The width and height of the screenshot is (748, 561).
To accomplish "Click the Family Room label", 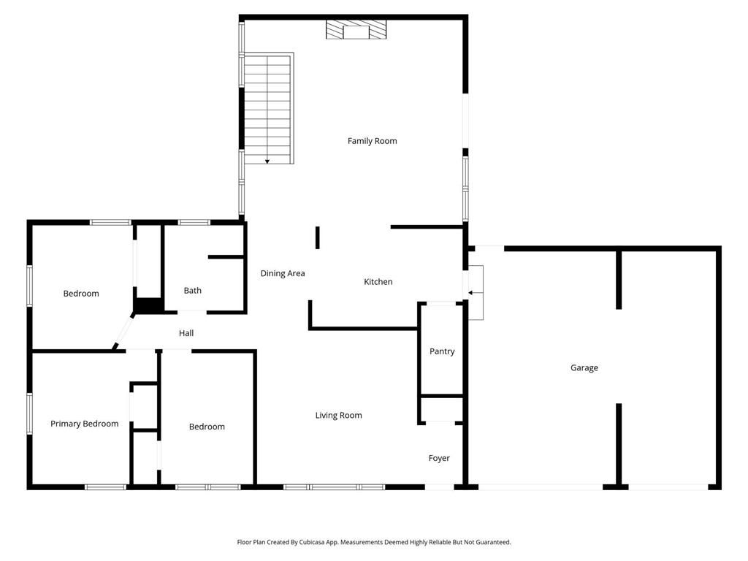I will [372, 141].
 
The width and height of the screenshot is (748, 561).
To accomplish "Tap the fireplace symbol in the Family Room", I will [356, 30].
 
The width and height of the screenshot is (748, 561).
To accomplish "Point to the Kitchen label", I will [378, 282].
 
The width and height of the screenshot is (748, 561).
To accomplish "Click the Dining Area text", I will [283, 274].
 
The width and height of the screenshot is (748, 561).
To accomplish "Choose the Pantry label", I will [442, 351].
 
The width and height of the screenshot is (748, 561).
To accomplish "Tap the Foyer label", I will [439, 459].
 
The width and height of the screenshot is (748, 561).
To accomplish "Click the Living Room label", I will [338, 416].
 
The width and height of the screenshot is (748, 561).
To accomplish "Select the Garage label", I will [584, 368].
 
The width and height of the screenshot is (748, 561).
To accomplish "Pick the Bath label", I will [193, 291].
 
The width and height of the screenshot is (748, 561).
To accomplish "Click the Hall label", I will [186, 334].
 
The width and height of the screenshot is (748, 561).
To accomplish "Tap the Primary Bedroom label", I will [84, 424].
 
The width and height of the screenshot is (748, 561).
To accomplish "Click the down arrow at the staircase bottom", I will [267, 160].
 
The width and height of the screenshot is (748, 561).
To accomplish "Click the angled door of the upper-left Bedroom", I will [123, 333].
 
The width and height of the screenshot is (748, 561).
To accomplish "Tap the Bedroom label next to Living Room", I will [207, 427].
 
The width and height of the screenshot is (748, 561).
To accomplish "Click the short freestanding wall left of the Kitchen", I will [318, 238].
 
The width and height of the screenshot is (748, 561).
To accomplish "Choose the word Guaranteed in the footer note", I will [493, 543].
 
